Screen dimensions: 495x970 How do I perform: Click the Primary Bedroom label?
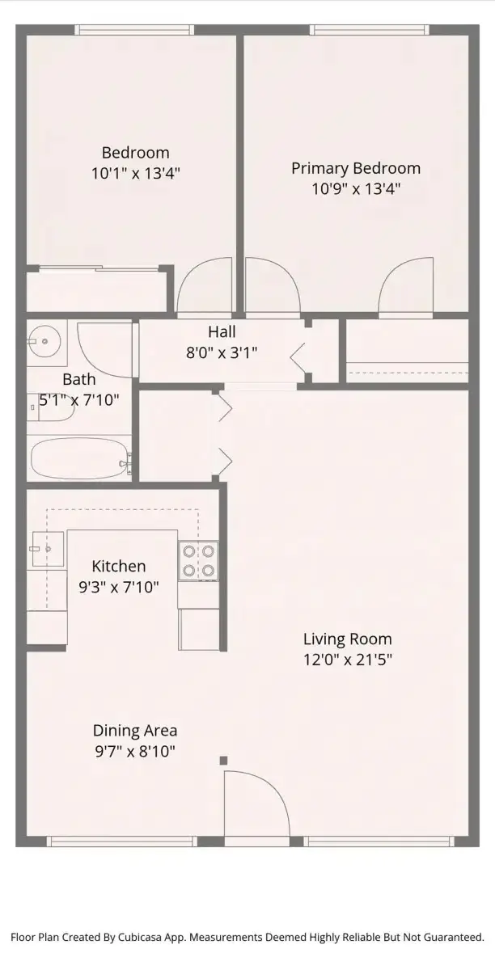click(355, 168)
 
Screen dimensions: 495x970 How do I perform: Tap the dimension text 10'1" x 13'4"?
click(135, 174)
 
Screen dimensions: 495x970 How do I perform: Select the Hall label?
click(222, 331)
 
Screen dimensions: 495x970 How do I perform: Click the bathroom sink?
click(44, 342)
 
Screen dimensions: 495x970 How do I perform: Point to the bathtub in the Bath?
click(80, 459)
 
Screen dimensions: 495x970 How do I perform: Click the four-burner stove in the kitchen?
click(198, 561)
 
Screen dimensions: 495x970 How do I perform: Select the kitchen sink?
click(48, 549)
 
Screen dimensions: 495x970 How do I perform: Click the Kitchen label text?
click(119, 566)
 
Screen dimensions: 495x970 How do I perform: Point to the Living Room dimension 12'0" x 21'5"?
click(348, 660)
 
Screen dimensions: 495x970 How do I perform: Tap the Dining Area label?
click(135, 731)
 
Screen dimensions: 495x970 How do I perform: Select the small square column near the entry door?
click(224, 761)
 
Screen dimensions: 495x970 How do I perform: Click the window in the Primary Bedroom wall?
click(370, 29)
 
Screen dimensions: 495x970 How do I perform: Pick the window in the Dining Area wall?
click(122, 841)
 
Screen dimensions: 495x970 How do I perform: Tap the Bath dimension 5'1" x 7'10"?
click(79, 399)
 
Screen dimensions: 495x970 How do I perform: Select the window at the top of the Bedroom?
click(134, 29)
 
